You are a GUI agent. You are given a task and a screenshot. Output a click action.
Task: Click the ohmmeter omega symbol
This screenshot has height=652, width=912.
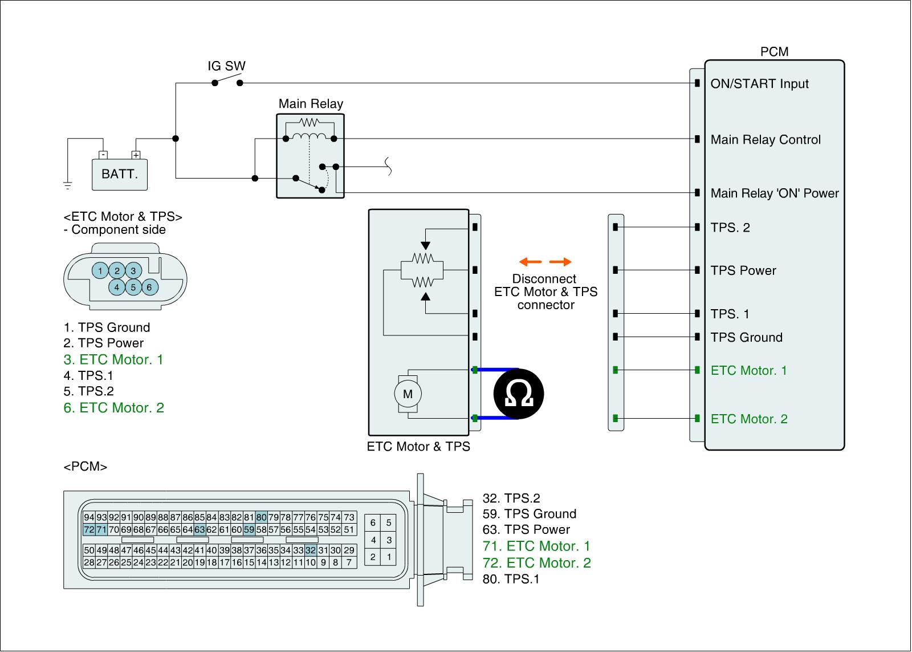pos(519,394)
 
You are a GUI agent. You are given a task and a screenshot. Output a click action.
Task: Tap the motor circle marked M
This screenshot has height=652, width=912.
pos(408,394)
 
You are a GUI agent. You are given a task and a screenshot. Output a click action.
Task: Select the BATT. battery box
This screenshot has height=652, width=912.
pos(120,175)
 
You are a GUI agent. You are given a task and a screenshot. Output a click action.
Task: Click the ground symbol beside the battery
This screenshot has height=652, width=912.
pos(68,185)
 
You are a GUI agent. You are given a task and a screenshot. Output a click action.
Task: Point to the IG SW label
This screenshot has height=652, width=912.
pos(226,66)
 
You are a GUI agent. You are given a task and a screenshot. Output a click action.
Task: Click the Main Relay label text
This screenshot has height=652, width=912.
pos(311,103)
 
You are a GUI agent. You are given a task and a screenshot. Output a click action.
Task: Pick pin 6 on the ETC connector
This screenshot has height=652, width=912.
pos(149,287)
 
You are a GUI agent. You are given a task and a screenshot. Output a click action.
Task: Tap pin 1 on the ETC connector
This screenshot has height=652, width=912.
pos(100,270)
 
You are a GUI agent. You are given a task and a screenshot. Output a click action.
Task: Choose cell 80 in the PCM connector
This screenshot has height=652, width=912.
pos(262,517)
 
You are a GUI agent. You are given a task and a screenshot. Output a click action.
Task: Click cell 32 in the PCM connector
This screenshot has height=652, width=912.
pos(311,550)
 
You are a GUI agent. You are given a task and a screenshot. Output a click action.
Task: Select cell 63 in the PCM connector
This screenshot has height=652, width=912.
pos(199,530)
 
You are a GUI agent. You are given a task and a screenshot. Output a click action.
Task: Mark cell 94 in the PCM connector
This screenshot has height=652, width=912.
pos(89,517)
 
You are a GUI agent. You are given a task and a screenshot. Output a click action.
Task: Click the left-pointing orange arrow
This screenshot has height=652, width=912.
pos(531,262)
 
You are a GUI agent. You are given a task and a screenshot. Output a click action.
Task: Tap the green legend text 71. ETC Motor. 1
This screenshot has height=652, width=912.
pos(536,546)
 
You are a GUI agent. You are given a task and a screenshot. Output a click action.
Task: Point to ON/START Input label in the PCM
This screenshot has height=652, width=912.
pos(759,83)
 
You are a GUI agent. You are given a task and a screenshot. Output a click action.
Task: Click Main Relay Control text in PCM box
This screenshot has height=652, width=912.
pos(766,139)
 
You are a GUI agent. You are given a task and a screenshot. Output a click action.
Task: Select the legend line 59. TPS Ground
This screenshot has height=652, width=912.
pos(530,513)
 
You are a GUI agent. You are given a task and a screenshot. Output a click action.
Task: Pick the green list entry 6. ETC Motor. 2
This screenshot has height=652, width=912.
pos(113,407)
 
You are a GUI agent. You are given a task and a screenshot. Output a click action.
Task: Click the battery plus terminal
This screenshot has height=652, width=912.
pos(136,155)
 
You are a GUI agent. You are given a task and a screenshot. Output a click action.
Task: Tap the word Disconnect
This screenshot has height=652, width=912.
pos(544,279)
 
